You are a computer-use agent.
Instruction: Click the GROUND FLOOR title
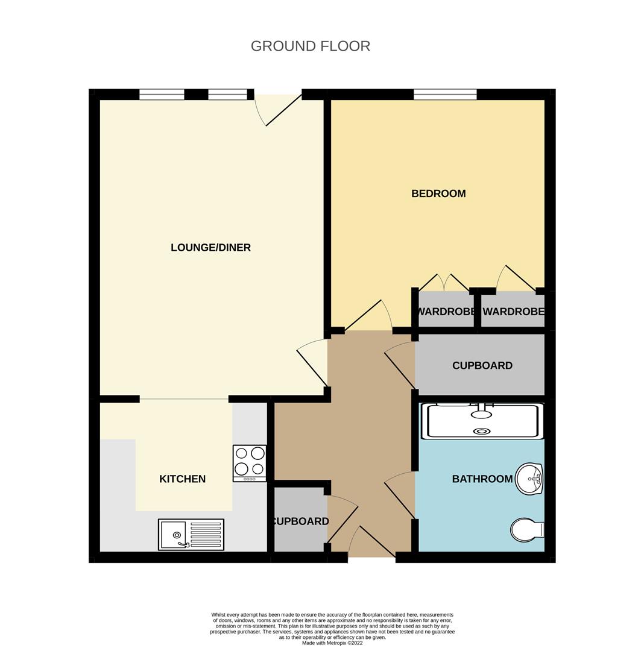[x=310, y=46]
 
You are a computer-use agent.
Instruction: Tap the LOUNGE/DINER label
[x=210, y=248]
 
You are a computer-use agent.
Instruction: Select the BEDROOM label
[x=438, y=193]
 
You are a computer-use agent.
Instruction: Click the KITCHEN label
[x=182, y=479]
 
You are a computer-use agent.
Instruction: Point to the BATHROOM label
[x=482, y=479]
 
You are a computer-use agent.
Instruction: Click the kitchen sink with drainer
[x=191, y=534]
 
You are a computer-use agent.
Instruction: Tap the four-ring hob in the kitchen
[x=250, y=464]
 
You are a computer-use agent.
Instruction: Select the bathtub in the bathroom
[x=482, y=421]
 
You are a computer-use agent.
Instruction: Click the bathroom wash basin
[x=529, y=479]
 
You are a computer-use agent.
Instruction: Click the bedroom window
[x=444, y=95]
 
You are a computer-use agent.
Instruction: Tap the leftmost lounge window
[x=162, y=95]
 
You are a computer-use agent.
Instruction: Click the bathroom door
[x=399, y=495]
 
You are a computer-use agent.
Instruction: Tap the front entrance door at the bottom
[x=371, y=542]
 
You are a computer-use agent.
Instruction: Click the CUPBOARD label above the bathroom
[x=482, y=365]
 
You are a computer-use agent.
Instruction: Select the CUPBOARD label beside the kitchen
[x=300, y=521]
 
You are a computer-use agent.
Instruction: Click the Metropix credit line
[x=332, y=643]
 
